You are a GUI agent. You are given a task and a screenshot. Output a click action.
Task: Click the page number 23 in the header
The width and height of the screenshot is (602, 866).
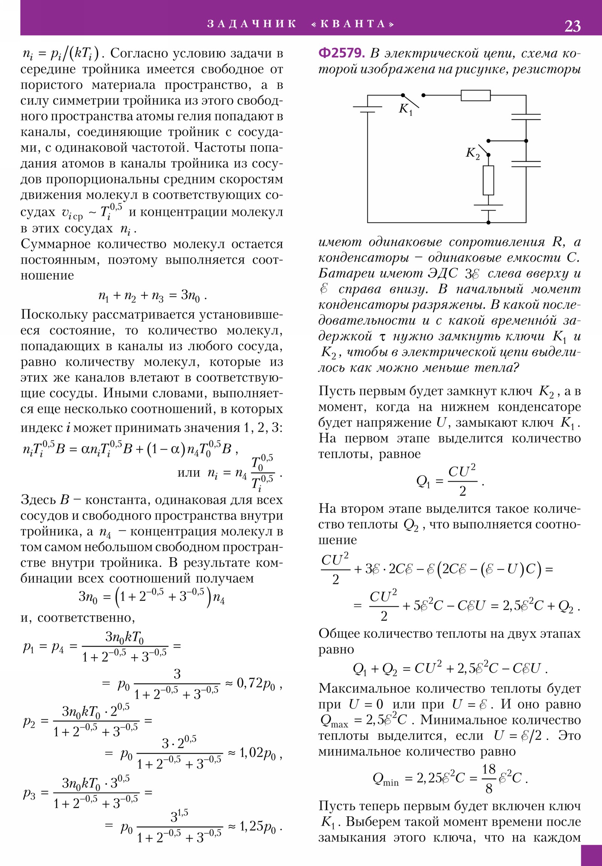pyautogui.click(x=572, y=26)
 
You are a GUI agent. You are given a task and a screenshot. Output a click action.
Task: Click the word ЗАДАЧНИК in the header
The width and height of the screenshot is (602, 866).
pyautogui.click(x=252, y=24)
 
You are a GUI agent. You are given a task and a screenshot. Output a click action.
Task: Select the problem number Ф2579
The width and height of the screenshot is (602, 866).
pyautogui.click(x=342, y=53)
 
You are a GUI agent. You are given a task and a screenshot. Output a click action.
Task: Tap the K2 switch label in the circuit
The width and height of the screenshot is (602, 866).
pyautogui.click(x=473, y=153)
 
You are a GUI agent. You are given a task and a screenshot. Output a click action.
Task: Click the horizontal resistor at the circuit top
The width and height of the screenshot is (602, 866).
pyautogui.click(x=475, y=95)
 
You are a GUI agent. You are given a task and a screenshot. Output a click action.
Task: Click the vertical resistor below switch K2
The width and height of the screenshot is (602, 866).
pyautogui.click(x=488, y=180)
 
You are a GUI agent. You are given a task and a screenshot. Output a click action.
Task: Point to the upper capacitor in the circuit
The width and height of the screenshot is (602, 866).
pyautogui.click(x=526, y=117)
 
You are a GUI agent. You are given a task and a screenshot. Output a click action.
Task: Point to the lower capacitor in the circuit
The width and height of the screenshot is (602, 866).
pyautogui.click(x=526, y=164)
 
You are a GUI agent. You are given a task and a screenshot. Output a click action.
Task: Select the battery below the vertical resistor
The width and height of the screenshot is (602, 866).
pyautogui.click(x=488, y=207)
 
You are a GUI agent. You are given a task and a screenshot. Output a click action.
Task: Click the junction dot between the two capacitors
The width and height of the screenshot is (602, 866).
pyautogui.click(x=526, y=141)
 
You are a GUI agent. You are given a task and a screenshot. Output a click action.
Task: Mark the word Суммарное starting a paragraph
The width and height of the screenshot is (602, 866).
pyautogui.click(x=55, y=244)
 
